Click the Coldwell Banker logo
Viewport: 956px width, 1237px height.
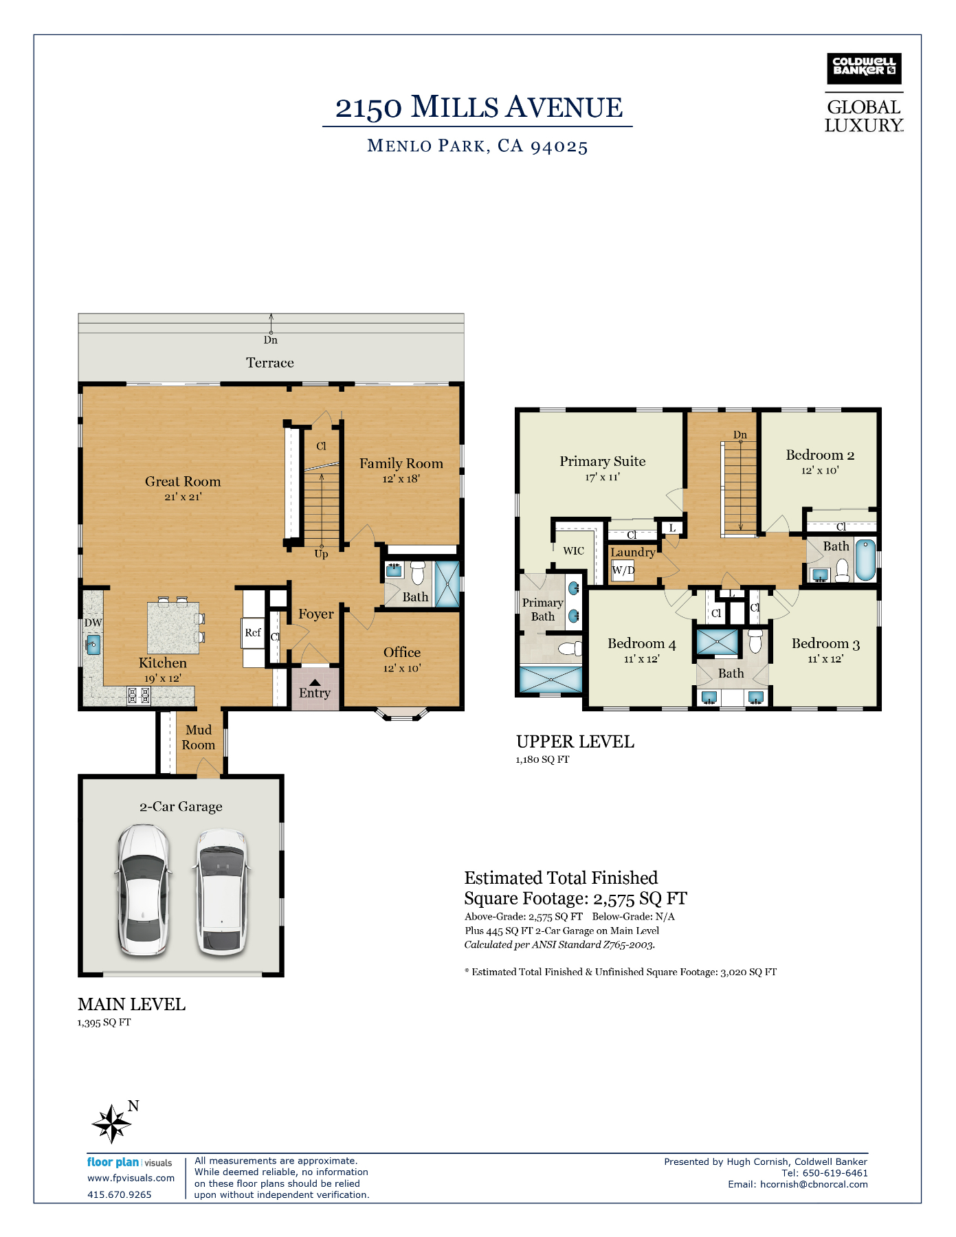(864, 69)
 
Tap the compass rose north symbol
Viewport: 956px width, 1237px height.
(111, 1124)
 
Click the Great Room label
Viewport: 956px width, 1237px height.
(183, 482)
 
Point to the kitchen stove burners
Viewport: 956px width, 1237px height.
(139, 695)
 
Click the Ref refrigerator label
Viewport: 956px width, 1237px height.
(253, 632)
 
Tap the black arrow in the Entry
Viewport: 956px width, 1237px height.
(314, 682)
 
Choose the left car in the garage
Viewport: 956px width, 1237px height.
(143, 891)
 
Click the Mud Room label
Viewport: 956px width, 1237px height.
(199, 737)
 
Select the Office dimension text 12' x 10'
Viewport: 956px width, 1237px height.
(402, 668)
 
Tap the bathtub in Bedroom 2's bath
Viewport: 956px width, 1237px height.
(866, 561)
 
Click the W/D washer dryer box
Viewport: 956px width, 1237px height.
(623, 570)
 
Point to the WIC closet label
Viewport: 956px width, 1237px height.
(573, 550)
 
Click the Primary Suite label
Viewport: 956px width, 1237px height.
(603, 461)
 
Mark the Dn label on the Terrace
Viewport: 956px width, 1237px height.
(271, 340)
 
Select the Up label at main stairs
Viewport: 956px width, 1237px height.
(321, 554)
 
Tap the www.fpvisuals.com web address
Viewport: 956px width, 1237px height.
(131, 1178)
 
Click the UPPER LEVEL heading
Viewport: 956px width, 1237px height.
(575, 742)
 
